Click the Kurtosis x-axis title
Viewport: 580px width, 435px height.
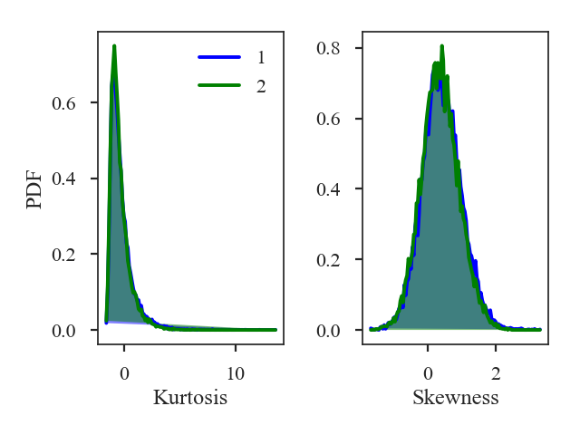[x=190, y=397]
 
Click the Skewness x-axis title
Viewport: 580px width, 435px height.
[x=455, y=397]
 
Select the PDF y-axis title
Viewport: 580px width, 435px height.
[x=34, y=188]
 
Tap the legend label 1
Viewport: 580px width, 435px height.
[x=261, y=57]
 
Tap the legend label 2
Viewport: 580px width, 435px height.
[x=261, y=86]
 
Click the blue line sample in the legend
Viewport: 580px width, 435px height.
[x=219, y=57]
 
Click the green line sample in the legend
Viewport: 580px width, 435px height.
[x=219, y=86]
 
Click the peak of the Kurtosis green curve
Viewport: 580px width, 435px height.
[x=114, y=45]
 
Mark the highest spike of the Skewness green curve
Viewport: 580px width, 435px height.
[x=441, y=45]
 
